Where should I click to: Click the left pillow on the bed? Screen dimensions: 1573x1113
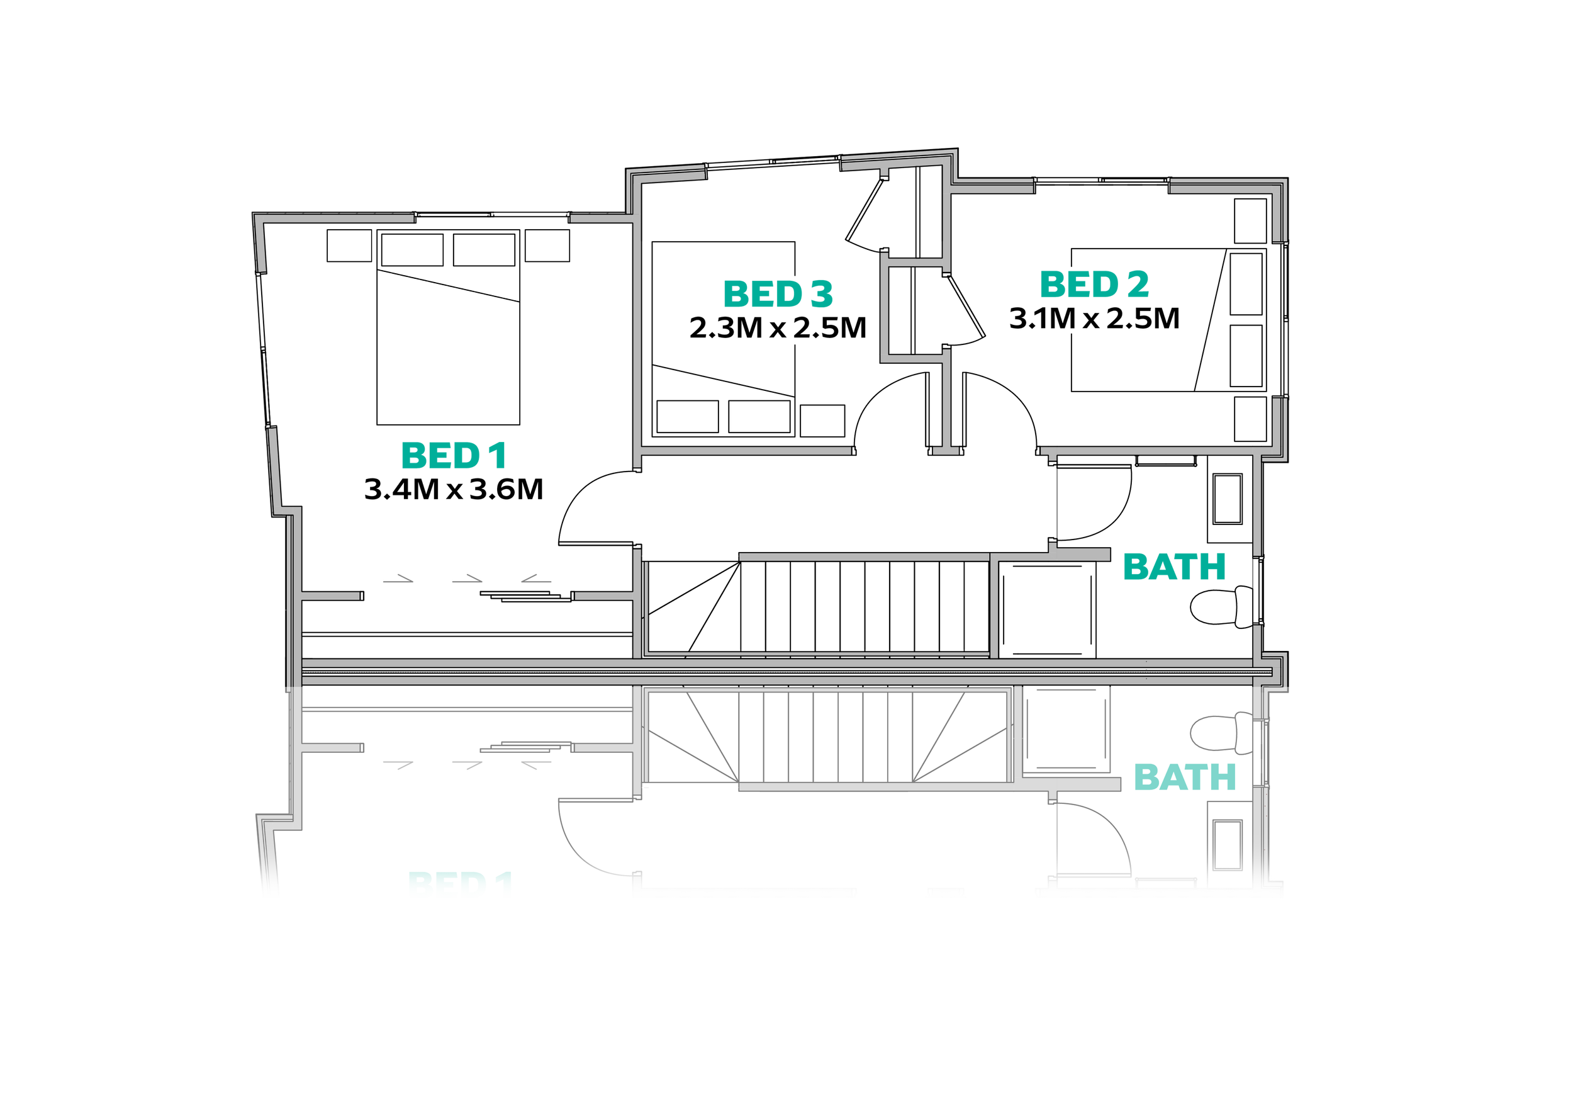point(411,249)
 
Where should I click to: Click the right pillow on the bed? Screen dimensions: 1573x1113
point(484,249)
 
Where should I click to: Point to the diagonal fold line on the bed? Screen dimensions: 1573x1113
point(449,285)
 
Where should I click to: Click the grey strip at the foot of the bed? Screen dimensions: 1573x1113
point(447,433)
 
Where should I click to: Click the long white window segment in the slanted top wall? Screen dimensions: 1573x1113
point(772,162)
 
